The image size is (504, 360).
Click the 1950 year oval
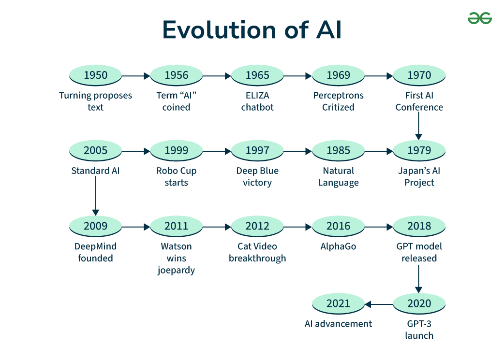(x=95, y=75)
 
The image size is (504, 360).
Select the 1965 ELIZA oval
(x=257, y=75)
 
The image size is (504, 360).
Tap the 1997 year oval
(x=257, y=151)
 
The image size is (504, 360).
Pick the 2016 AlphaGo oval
(x=338, y=226)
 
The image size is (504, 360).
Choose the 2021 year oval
(x=338, y=304)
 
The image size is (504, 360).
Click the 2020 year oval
(x=419, y=304)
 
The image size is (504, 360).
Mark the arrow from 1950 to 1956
(x=136, y=76)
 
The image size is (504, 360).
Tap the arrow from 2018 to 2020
(x=419, y=278)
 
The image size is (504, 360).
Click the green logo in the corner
(x=479, y=19)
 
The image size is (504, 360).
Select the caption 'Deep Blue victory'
(x=257, y=177)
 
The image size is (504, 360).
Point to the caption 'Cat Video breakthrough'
(x=257, y=252)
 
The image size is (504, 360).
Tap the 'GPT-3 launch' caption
(x=419, y=330)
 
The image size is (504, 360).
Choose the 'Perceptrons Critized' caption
(x=338, y=101)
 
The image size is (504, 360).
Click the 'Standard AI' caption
(x=95, y=171)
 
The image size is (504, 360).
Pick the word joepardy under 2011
(x=176, y=270)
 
